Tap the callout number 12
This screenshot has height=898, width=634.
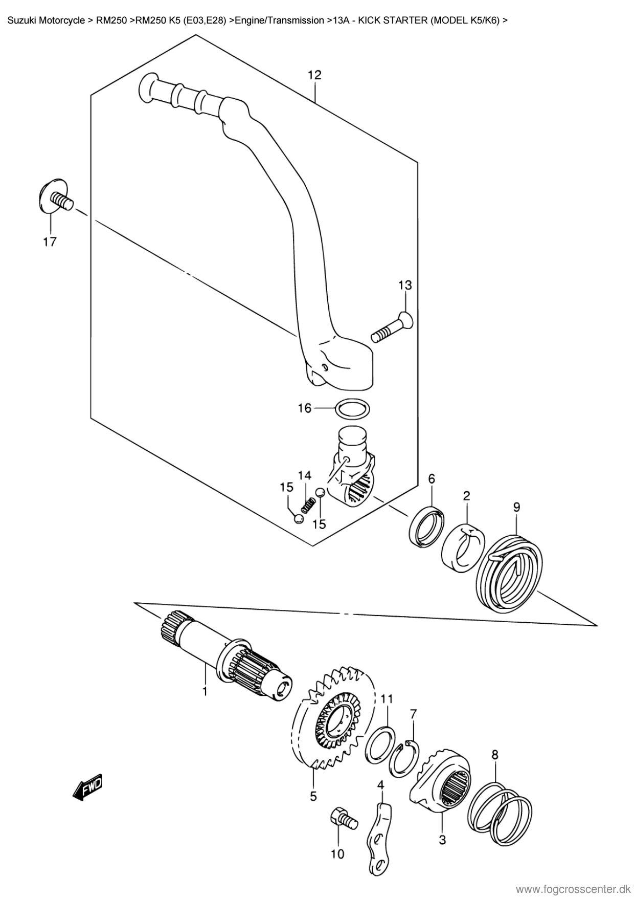314,75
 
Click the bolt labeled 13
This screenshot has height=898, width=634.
391,327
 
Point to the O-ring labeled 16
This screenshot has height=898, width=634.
353,409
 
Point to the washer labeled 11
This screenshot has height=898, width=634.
380,745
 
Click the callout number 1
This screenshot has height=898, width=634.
205,692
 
